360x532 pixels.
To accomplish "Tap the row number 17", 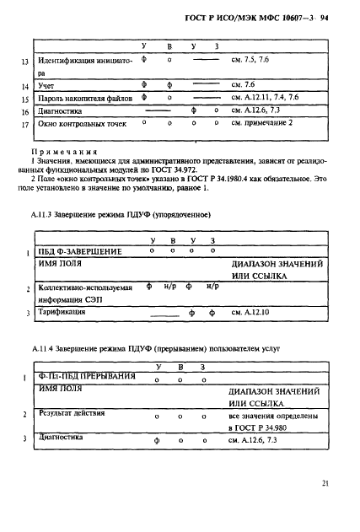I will [25, 125].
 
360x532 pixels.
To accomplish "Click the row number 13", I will [25, 62].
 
